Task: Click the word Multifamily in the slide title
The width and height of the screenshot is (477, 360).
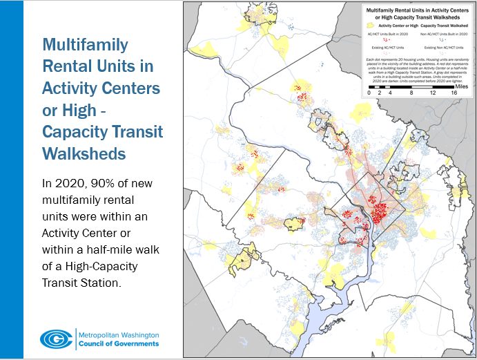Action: coord(86,45)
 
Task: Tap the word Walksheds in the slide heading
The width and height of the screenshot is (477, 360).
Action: coord(86,153)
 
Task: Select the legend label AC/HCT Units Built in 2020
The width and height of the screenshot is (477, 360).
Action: coord(388,34)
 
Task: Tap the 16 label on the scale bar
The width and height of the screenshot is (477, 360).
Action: coord(454,92)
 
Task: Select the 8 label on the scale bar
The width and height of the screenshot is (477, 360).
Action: coord(411,92)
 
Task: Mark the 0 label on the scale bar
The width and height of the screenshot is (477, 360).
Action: coord(369,92)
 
